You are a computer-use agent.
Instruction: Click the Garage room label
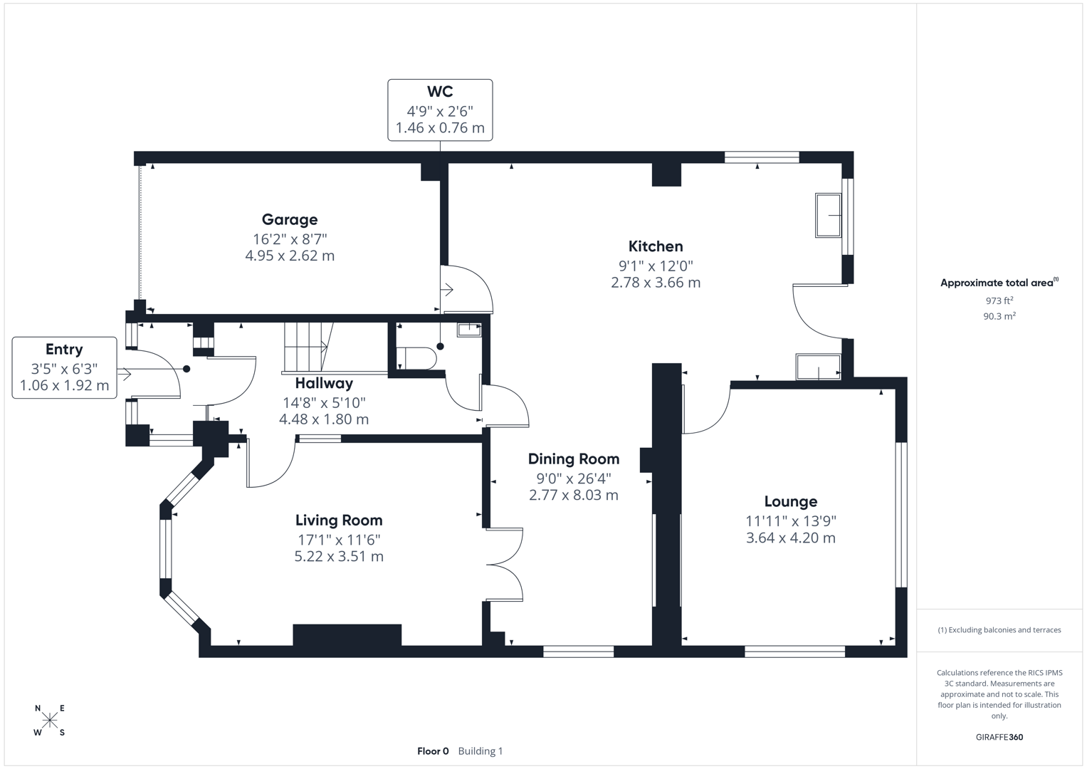(289, 220)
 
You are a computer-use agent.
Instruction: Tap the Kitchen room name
(655, 246)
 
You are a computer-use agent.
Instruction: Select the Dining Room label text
(573, 459)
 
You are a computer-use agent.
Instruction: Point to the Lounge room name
(790, 502)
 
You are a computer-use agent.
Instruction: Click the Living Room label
(339, 520)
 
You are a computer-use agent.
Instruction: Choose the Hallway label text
(324, 384)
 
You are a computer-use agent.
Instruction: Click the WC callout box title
(439, 92)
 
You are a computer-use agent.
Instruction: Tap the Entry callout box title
(64, 350)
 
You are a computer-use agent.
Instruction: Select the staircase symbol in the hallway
(308, 346)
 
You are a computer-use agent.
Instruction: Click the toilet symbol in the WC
(417, 358)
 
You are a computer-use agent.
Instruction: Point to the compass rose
(50, 721)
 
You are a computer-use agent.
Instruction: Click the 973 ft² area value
(999, 301)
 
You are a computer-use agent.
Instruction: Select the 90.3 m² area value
(999, 316)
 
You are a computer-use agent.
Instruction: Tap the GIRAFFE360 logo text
(999, 737)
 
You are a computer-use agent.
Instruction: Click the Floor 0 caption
(433, 751)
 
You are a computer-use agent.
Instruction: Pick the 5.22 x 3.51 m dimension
(339, 557)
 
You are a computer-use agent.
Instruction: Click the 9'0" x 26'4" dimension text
(573, 478)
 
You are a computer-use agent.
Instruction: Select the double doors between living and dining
(505, 565)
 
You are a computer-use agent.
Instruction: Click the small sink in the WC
(468, 329)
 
